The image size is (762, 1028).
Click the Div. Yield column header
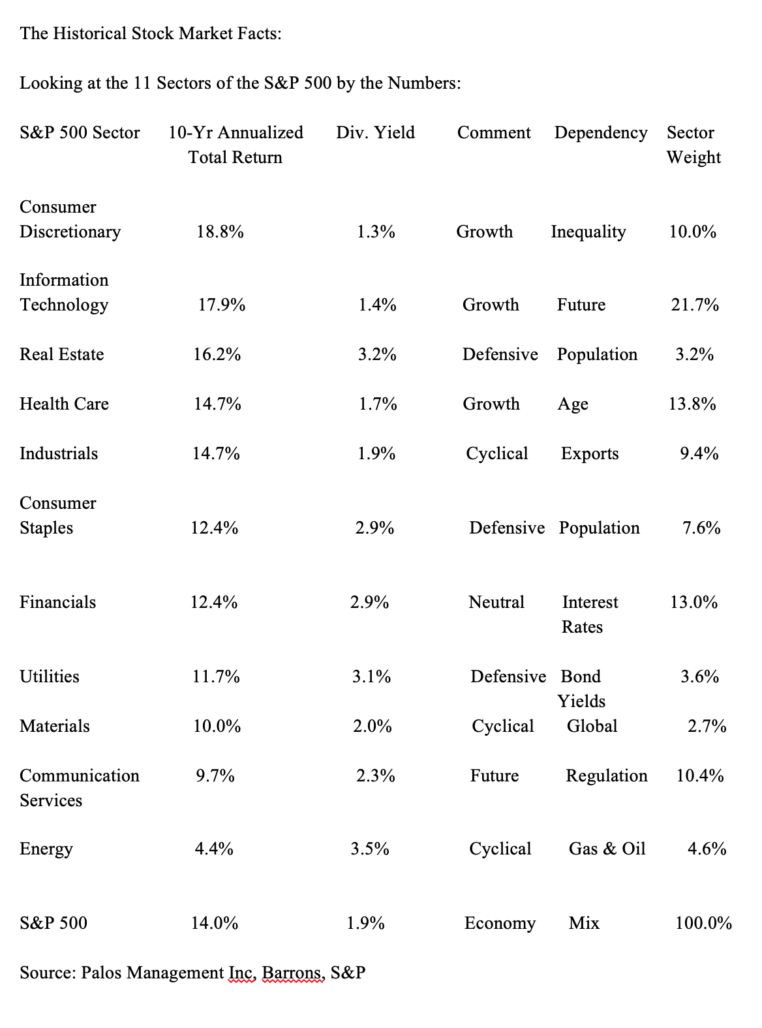pos(375,132)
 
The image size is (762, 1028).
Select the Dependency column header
pos(601,132)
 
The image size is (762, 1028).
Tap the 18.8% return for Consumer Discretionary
pos(220,232)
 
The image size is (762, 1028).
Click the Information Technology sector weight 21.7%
pos(695,305)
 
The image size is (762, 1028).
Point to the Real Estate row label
pos(61,354)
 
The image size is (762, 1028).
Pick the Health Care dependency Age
pos(573,404)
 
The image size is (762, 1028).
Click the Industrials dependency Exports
pos(590,453)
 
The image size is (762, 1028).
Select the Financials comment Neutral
pos(496,602)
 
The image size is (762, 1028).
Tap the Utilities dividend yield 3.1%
pos(371,676)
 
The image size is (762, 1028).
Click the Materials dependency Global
pos(592,726)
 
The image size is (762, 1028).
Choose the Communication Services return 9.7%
pos(215,776)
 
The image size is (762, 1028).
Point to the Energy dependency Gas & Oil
pos(607,849)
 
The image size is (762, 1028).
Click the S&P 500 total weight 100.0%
pos(703,923)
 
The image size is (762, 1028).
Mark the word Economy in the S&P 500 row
pos(500,923)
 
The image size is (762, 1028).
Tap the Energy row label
pos(46,849)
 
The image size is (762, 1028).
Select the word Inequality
pos(588,232)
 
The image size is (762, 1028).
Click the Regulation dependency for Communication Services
pos(606,776)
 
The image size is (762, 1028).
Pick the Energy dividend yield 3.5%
pos(369,849)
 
